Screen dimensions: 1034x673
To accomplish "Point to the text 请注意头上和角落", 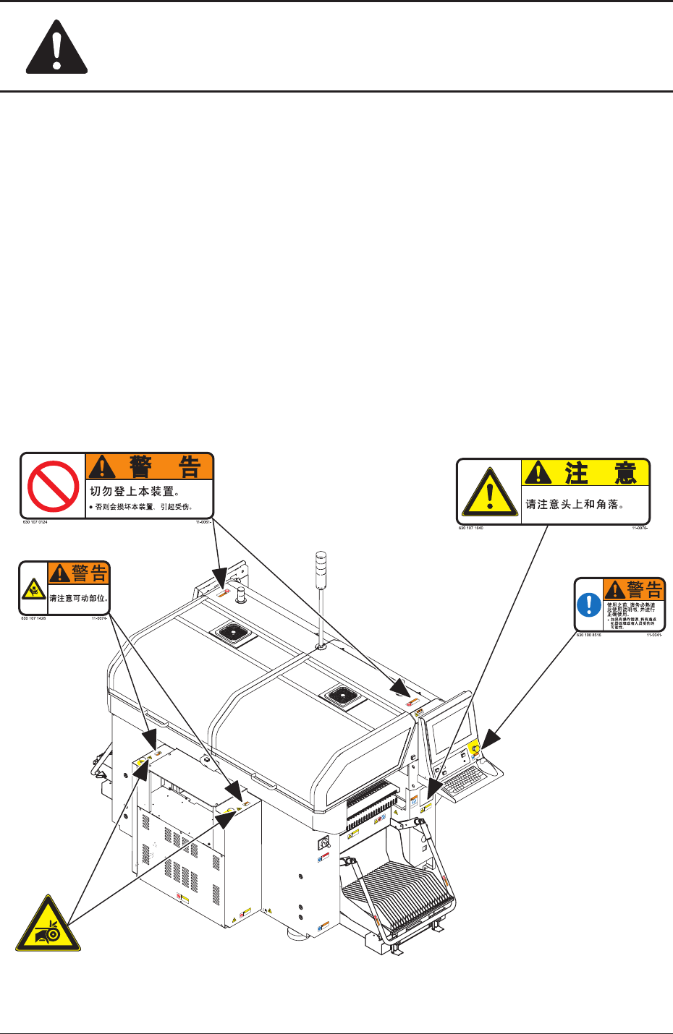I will click(575, 504).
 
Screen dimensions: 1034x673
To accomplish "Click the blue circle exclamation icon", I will click(589, 605).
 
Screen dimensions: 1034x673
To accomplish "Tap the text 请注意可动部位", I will click(78, 598).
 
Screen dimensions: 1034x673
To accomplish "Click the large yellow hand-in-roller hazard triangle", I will click(49, 926).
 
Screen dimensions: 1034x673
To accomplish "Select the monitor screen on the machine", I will click(450, 731).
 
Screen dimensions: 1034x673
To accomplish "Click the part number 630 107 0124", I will click(35, 521).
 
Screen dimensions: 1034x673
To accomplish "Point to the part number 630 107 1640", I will click(470, 528).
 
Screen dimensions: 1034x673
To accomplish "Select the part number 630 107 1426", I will click(33, 618).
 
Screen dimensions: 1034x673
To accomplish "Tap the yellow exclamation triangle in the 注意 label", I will click(490, 493).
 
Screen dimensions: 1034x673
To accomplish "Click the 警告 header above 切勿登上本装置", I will click(150, 467).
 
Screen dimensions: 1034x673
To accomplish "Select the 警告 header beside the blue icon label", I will click(634, 589).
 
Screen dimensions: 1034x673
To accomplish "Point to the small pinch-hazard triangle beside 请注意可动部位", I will click(33, 590).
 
